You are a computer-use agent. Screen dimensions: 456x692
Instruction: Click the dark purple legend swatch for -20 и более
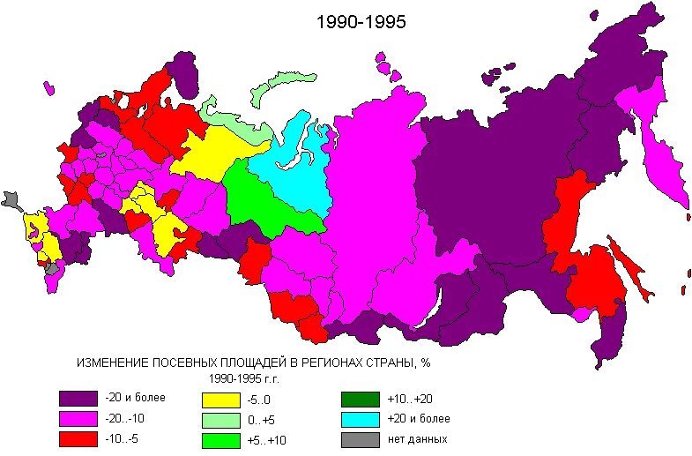[78, 399]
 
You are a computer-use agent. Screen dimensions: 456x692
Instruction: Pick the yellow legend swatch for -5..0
[220, 399]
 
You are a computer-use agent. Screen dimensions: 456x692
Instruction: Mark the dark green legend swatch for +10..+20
[360, 399]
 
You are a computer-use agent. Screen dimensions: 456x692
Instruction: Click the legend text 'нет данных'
[417, 439]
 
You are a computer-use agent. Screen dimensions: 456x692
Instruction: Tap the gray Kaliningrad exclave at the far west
[11, 199]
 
